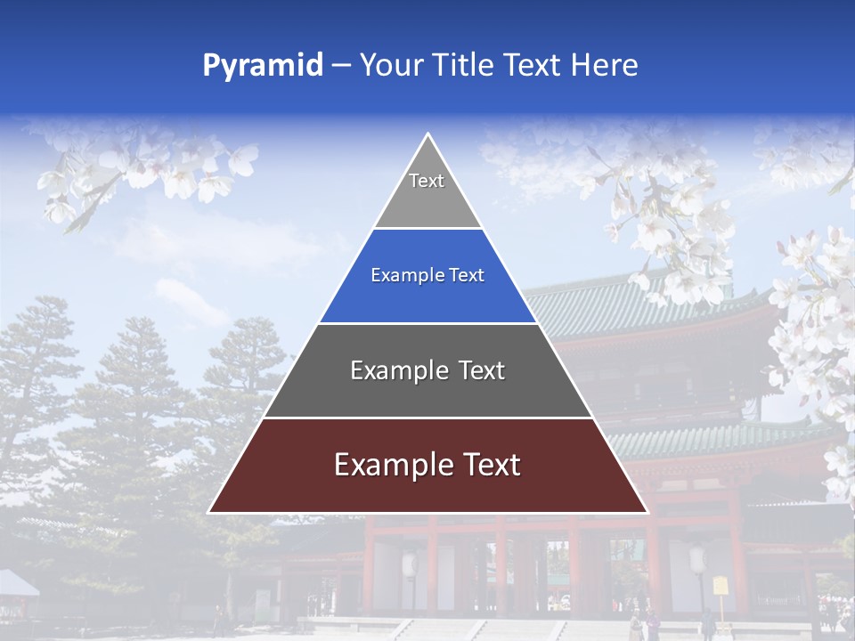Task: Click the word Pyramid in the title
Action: pyautogui.click(x=262, y=66)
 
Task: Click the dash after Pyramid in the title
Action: pyautogui.click(x=341, y=66)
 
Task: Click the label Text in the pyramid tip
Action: pyautogui.click(x=427, y=181)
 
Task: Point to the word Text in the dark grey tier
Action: pyautogui.click(x=482, y=370)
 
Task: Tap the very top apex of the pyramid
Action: pyautogui.click(x=427, y=135)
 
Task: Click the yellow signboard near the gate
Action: pyautogui.click(x=720, y=586)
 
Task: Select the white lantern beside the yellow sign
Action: pyautogui.click(x=697, y=560)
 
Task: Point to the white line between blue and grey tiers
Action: pyautogui.click(x=427, y=323)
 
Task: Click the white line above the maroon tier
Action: pyautogui.click(x=427, y=418)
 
